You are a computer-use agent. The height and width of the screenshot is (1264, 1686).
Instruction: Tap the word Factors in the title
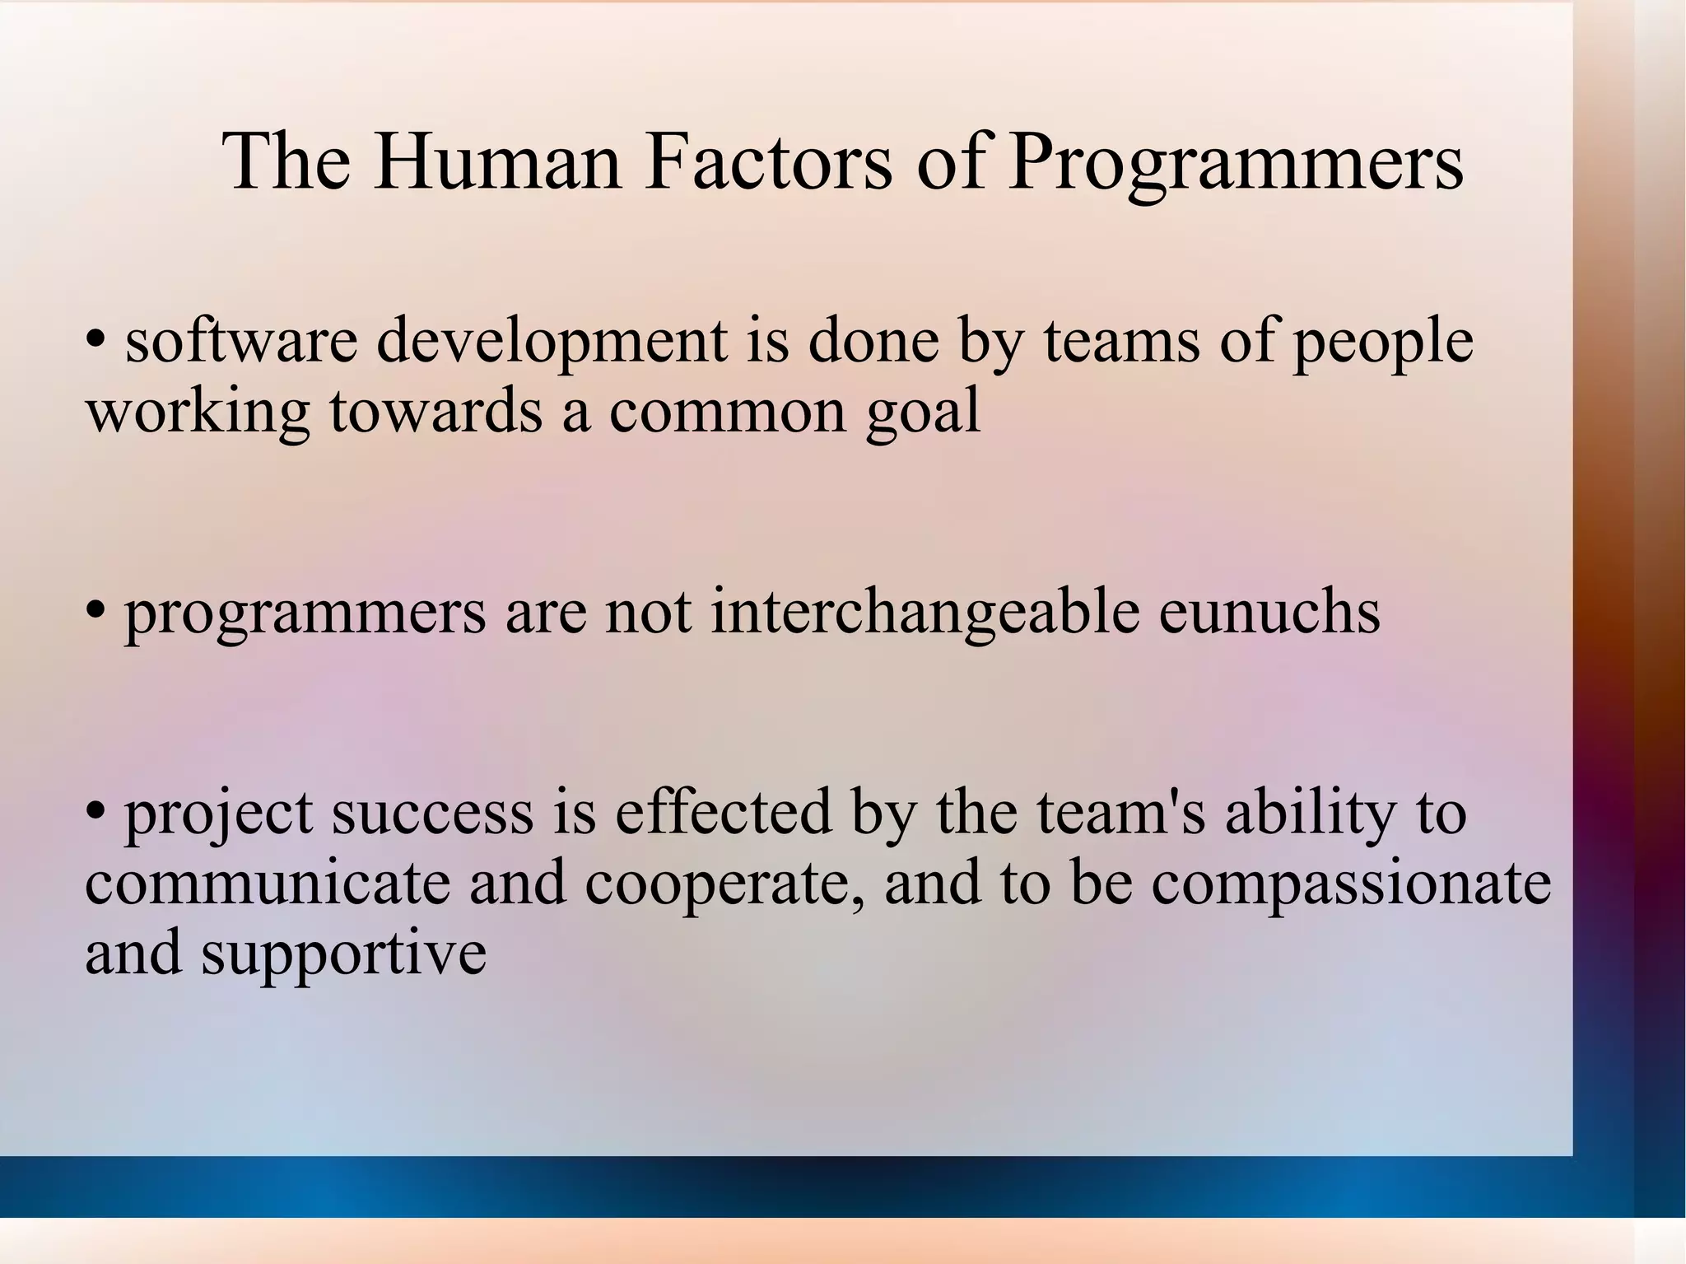[x=768, y=161]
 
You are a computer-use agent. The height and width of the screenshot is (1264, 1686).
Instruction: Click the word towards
[x=436, y=412]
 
